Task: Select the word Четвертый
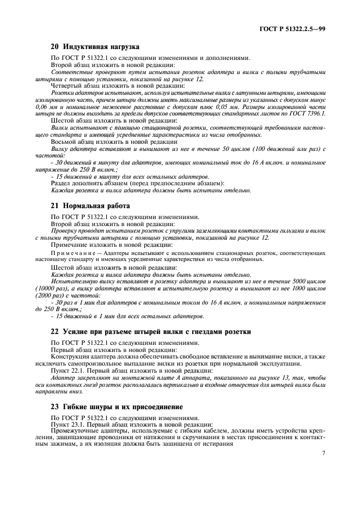click(68, 85)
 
